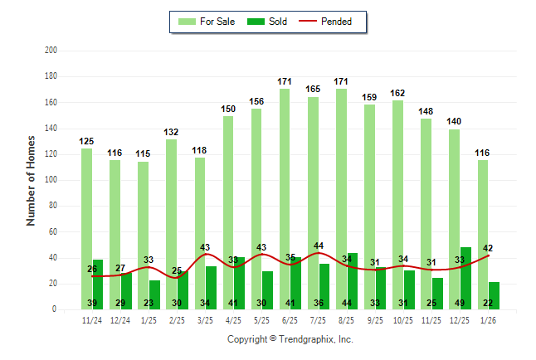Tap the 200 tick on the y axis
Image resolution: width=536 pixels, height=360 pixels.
pyautogui.click(x=51, y=51)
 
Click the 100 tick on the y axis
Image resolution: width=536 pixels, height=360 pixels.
pyautogui.click(x=51, y=180)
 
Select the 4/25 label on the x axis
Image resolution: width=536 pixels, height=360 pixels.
pyautogui.click(x=233, y=319)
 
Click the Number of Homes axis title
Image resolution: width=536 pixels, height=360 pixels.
pyautogui.click(x=31, y=180)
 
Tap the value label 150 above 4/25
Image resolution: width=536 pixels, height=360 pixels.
pyautogui.click(x=228, y=109)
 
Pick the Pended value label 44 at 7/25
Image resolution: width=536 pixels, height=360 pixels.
pyautogui.click(x=319, y=246)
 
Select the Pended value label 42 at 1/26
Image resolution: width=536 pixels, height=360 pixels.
pyautogui.click(x=488, y=248)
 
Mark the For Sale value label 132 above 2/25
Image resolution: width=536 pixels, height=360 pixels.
pyautogui.click(x=171, y=132)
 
